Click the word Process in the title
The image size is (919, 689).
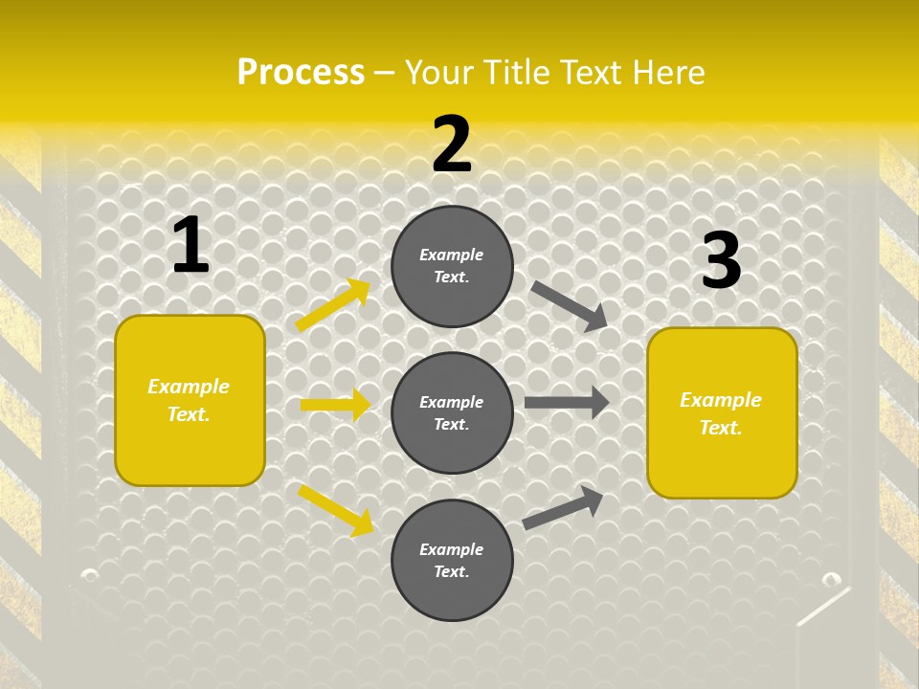pyautogui.click(x=301, y=73)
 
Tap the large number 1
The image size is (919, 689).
pyautogui.click(x=191, y=246)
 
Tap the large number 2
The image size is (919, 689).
pyautogui.click(x=452, y=144)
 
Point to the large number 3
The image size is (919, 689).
pyautogui.click(x=721, y=261)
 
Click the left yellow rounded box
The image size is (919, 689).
pyautogui.click(x=190, y=400)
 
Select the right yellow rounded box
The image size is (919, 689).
pyautogui.click(x=722, y=413)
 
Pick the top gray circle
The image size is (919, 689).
pyautogui.click(x=452, y=266)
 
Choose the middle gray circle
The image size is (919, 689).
pyautogui.click(x=452, y=413)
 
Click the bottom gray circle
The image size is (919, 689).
pyautogui.click(x=452, y=561)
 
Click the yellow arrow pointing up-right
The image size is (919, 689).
pyautogui.click(x=333, y=305)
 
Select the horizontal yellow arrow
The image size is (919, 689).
pyautogui.click(x=335, y=405)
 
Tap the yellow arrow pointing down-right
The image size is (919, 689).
pyautogui.click(x=336, y=510)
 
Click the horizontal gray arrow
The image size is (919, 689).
pyautogui.click(x=567, y=403)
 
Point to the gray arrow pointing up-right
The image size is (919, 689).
pyautogui.click(x=563, y=507)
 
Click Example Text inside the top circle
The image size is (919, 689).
pyautogui.click(x=452, y=266)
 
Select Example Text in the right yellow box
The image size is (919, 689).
pyautogui.click(x=721, y=413)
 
